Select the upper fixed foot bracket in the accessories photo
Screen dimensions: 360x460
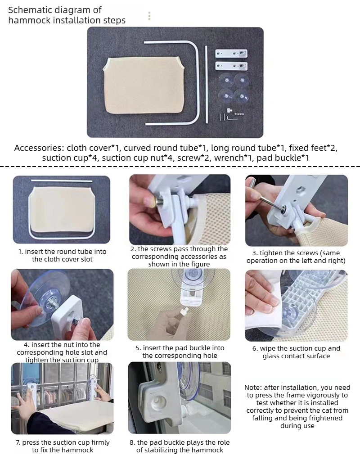pyautogui.click(x=231, y=54)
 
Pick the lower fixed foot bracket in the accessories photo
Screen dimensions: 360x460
pyautogui.click(x=231, y=66)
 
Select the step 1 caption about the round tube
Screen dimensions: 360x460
pyautogui.click(x=62, y=255)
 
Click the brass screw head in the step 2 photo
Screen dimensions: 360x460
pyautogui.click(x=153, y=203)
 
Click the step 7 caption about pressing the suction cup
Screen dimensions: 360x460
pyautogui.click(x=63, y=446)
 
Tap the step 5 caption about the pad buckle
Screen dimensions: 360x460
pyautogui.click(x=180, y=352)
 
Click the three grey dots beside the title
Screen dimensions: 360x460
pyautogui.click(x=149, y=16)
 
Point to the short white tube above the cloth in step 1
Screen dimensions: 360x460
pyautogui.click(x=62, y=181)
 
